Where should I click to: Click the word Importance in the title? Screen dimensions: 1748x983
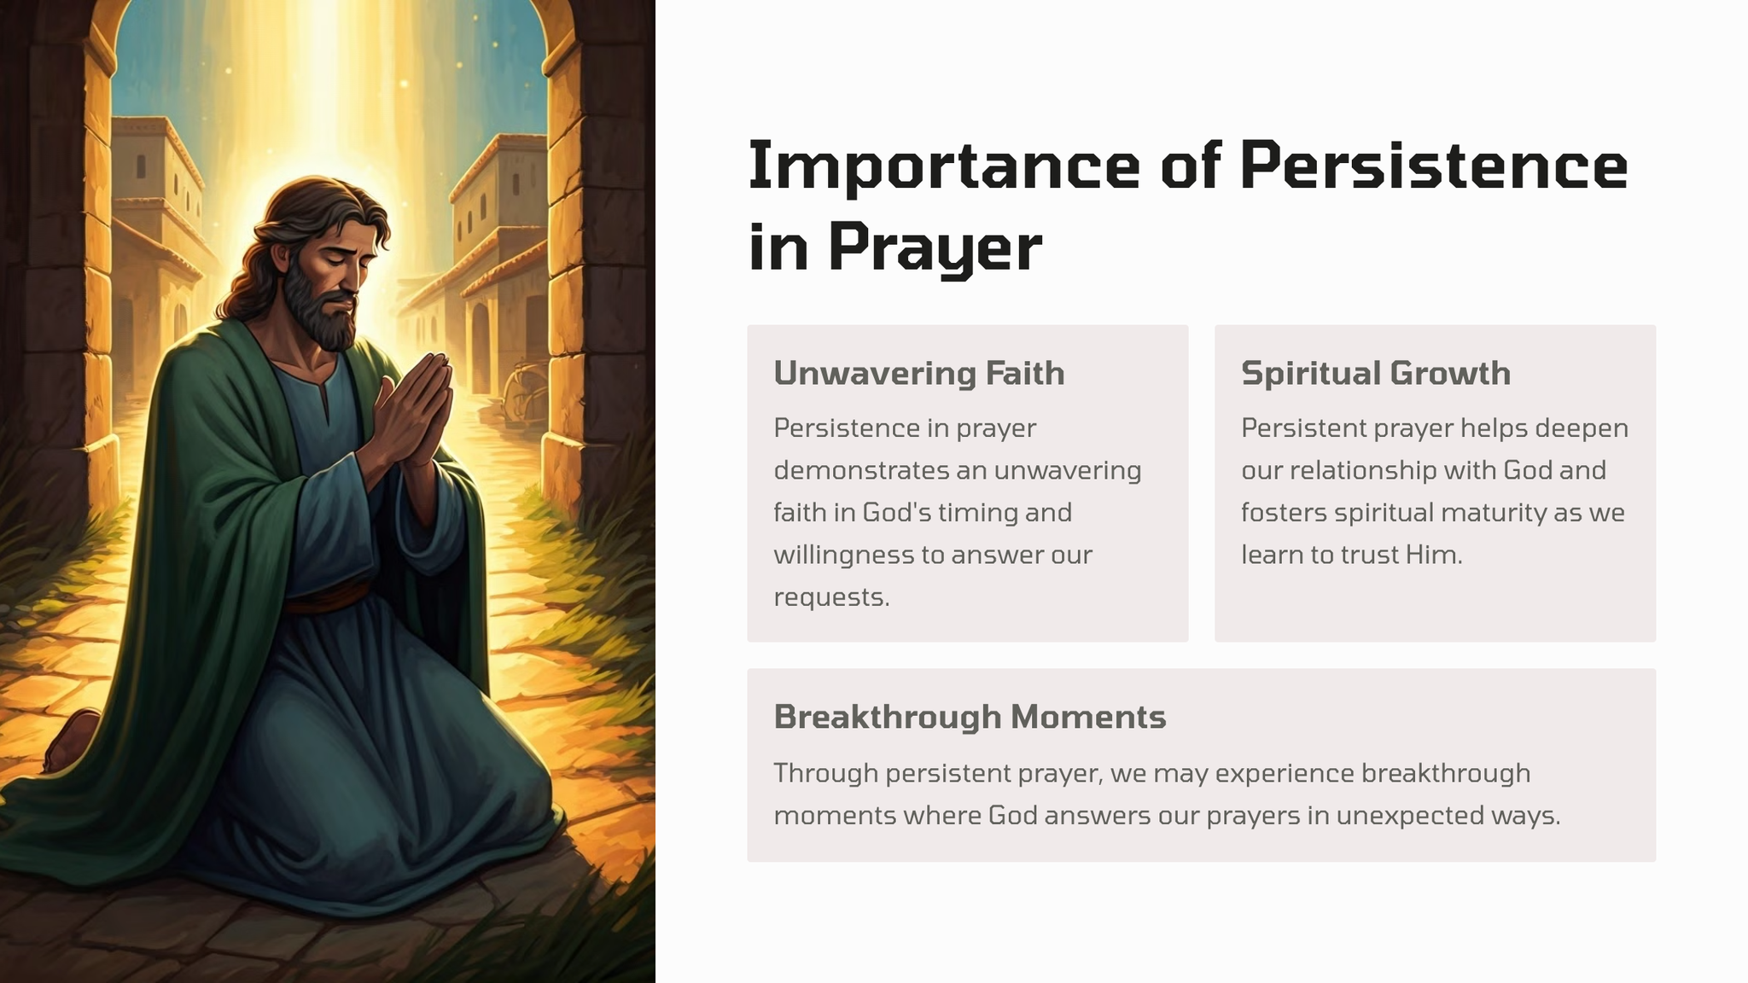pyautogui.click(x=944, y=166)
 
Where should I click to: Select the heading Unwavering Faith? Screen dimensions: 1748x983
pyautogui.click(x=919, y=374)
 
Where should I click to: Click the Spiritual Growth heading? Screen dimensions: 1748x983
pyautogui.click(x=1376, y=374)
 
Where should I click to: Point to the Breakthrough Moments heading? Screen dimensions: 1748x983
pyautogui.click(x=970, y=717)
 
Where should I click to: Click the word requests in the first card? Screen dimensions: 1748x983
pyautogui.click(x=831, y=597)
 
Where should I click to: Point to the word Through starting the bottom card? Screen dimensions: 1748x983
pyautogui.click(x=826, y=773)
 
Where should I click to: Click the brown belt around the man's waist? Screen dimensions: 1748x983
pyautogui.click(x=328, y=599)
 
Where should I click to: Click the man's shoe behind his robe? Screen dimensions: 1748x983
pyautogui.click(x=72, y=739)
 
